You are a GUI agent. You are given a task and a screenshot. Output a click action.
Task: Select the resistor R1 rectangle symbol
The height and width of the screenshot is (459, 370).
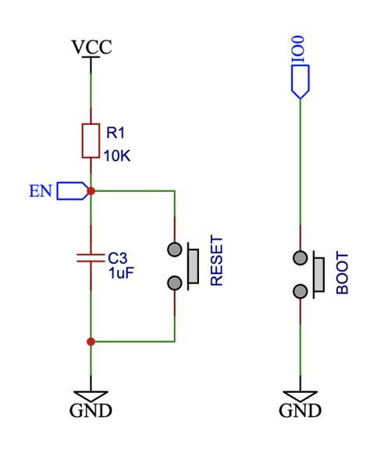coord(91,141)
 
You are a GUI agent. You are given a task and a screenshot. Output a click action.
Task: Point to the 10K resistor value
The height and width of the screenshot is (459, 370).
coord(117,155)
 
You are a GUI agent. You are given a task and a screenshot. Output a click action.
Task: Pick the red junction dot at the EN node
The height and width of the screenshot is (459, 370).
coord(91,190)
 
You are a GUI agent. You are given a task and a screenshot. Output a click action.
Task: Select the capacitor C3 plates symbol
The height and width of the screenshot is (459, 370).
coord(91,257)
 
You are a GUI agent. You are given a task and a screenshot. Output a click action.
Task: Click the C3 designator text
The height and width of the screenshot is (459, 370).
coord(117,256)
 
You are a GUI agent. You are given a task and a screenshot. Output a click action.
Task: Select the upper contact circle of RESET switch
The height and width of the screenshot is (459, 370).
coord(175,251)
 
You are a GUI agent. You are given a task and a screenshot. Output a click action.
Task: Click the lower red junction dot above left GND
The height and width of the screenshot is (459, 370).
coord(91,341)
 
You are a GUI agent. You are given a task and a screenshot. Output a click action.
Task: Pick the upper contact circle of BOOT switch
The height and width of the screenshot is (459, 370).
coord(299,257)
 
